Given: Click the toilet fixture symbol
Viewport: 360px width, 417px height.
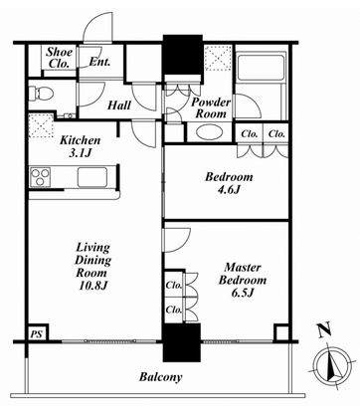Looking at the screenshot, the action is point(41,94).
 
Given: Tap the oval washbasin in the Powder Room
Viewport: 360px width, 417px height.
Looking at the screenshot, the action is point(209,132).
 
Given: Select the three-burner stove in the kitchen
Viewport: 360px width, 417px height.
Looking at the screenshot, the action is point(41,177).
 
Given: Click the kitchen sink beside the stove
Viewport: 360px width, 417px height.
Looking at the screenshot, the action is point(92,177).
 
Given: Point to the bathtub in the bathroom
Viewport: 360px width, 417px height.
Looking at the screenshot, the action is point(261,66).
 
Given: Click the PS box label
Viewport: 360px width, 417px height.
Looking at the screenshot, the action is point(37,333).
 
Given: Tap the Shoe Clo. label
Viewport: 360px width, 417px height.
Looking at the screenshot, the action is point(59,58).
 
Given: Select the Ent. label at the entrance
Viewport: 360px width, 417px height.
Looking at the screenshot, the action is point(99,62).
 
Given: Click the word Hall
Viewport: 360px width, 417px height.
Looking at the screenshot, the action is point(119,105).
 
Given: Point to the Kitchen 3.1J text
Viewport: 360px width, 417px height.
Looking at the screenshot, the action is point(80,146).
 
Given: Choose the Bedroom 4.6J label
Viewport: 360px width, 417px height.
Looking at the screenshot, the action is point(229,183).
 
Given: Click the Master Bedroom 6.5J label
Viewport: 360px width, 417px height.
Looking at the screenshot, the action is point(243,280).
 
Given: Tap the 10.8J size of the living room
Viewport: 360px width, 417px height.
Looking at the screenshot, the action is point(92,286).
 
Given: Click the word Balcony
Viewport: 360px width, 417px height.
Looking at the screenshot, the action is point(160,377).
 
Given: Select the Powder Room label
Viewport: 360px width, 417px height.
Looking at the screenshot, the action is point(211,108).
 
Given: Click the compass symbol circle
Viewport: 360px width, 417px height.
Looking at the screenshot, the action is point(333,366).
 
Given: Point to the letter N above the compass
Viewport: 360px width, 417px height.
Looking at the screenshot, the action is point(324,330).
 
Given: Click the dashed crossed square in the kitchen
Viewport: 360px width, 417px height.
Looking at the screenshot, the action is point(42,125).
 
